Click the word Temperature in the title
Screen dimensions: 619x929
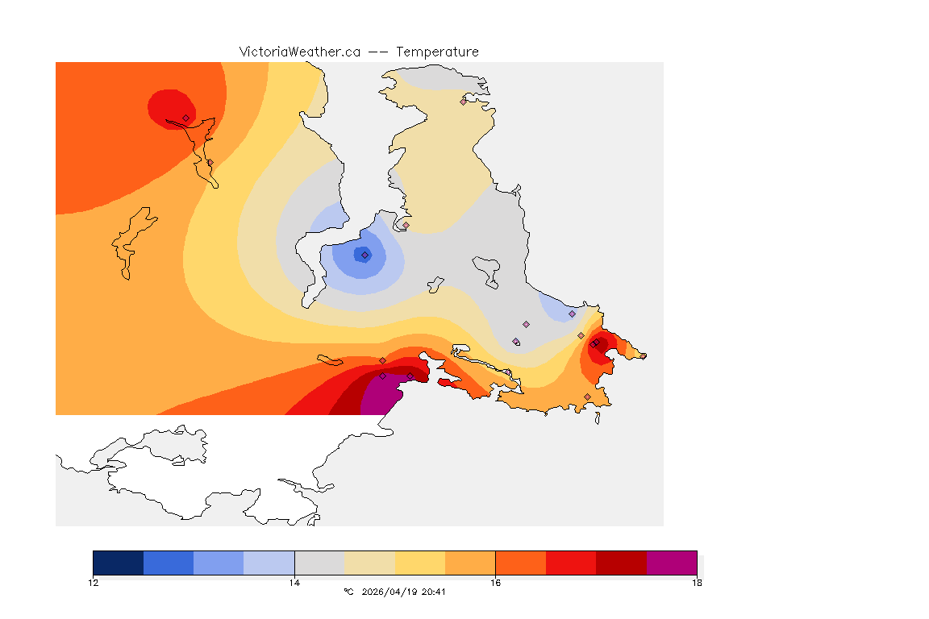[x=437, y=52]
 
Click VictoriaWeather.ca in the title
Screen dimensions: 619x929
[x=299, y=52]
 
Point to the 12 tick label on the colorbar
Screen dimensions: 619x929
[x=94, y=583]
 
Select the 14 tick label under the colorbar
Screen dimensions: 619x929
[x=294, y=583]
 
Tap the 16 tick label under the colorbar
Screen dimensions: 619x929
[x=495, y=583]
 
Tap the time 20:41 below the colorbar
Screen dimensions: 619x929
[x=433, y=592]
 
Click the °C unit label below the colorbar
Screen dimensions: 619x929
[x=348, y=592]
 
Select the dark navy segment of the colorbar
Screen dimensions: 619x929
[x=118, y=563]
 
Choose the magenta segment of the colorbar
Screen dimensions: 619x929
[x=672, y=563]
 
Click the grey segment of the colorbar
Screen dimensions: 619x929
[x=319, y=563]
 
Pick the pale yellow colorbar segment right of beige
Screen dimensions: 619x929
[x=420, y=563]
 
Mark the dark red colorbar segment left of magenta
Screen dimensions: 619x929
[x=621, y=563]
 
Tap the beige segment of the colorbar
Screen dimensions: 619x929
[x=369, y=563]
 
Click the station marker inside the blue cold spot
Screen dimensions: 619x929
[x=365, y=255]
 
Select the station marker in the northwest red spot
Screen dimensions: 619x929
[x=185, y=118]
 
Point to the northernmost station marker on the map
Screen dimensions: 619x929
[x=464, y=102]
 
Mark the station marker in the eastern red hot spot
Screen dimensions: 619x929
[x=594, y=345]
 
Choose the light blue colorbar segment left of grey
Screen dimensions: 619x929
[x=269, y=563]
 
